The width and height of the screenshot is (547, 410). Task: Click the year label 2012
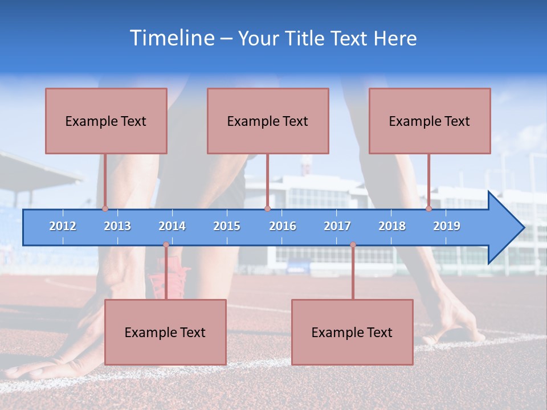63,226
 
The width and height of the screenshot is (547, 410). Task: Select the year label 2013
117,226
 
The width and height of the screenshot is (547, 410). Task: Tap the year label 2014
172,226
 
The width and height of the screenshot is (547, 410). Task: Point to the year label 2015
227,226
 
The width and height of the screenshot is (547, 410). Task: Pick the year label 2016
283,226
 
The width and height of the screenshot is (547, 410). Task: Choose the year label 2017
337,226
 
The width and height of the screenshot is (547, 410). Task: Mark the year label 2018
392,226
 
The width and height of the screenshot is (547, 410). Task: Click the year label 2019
447,226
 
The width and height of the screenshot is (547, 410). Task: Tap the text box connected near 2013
106,121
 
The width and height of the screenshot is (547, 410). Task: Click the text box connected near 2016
268,121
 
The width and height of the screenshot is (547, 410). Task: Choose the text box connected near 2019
430,121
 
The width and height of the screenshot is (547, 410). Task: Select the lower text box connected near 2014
165,332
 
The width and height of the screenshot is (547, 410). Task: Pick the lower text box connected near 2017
352,332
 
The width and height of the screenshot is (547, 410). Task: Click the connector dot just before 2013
105,208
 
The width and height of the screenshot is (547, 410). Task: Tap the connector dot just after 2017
353,245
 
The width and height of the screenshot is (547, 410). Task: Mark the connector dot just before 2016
267,208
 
